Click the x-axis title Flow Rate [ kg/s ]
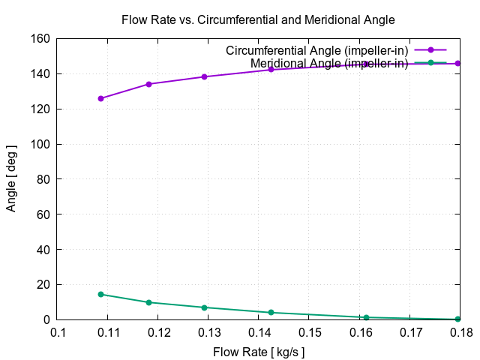(x=258, y=351)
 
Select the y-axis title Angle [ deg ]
(x=11, y=179)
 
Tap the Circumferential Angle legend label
(x=317, y=50)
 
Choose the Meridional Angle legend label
(x=329, y=63)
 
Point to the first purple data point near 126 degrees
(x=101, y=98)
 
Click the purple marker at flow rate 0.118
(x=148, y=84)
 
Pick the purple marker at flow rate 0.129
(x=204, y=76)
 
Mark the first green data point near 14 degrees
(x=101, y=294)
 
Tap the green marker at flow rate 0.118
(x=148, y=302)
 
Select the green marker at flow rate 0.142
(x=271, y=312)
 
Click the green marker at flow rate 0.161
(x=366, y=317)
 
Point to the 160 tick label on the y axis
(x=40, y=39)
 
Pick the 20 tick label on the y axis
(x=43, y=285)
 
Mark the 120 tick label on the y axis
(x=40, y=109)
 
